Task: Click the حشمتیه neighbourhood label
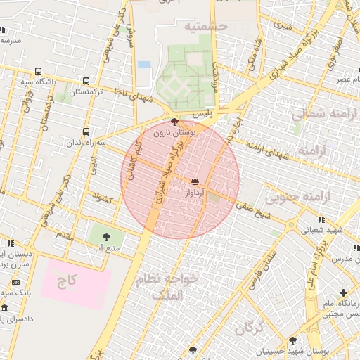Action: [207, 26]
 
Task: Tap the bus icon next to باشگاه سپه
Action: [37, 71]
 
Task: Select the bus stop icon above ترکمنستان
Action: [86, 81]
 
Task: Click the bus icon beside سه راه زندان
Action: [86, 131]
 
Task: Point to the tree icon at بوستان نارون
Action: [174, 122]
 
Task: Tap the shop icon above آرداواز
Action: [195, 181]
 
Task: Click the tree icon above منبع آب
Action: [106, 237]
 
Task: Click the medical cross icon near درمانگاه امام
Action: [343, 292]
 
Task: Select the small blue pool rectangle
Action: [144, 64]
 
